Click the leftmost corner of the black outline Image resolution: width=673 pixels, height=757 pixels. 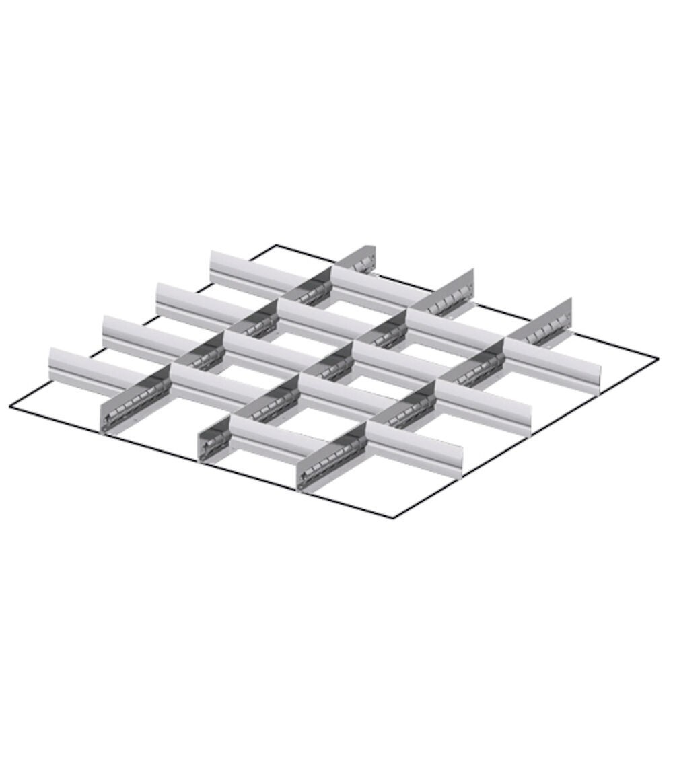(11, 406)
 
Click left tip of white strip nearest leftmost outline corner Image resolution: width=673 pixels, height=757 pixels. (51, 361)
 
